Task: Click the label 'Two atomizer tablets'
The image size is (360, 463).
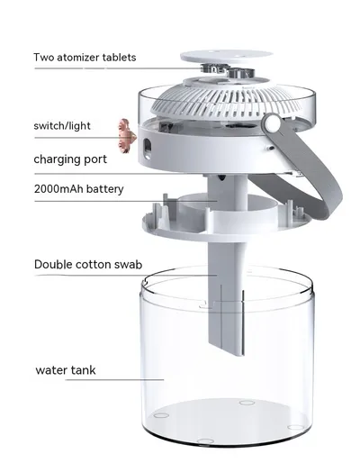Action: [x=85, y=58]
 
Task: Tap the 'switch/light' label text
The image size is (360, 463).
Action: [x=62, y=125]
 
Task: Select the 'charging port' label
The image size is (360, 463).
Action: [x=70, y=159]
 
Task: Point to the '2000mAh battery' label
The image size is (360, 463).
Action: [x=79, y=189]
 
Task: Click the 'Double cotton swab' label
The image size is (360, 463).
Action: [x=88, y=265]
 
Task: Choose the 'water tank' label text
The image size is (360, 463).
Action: [x=66, y=370]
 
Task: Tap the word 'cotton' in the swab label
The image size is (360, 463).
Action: [x=94, y=265]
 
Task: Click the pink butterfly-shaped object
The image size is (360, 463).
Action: [x=126, y=135]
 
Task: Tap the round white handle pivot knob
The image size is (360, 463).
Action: [x=272, y=124]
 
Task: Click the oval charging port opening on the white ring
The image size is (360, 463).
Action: [x=148, y=149]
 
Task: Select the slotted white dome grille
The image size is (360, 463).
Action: [x=227, y=99]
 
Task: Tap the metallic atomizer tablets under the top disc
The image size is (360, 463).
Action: [x=228, y=70]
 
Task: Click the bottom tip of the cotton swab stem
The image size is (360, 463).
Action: [x=239, y=355]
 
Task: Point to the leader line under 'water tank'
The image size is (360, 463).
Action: [x=114, y=380]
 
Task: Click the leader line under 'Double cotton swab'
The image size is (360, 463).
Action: [x=125, y=276]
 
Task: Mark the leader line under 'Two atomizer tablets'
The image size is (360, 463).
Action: [x=119, y=68]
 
